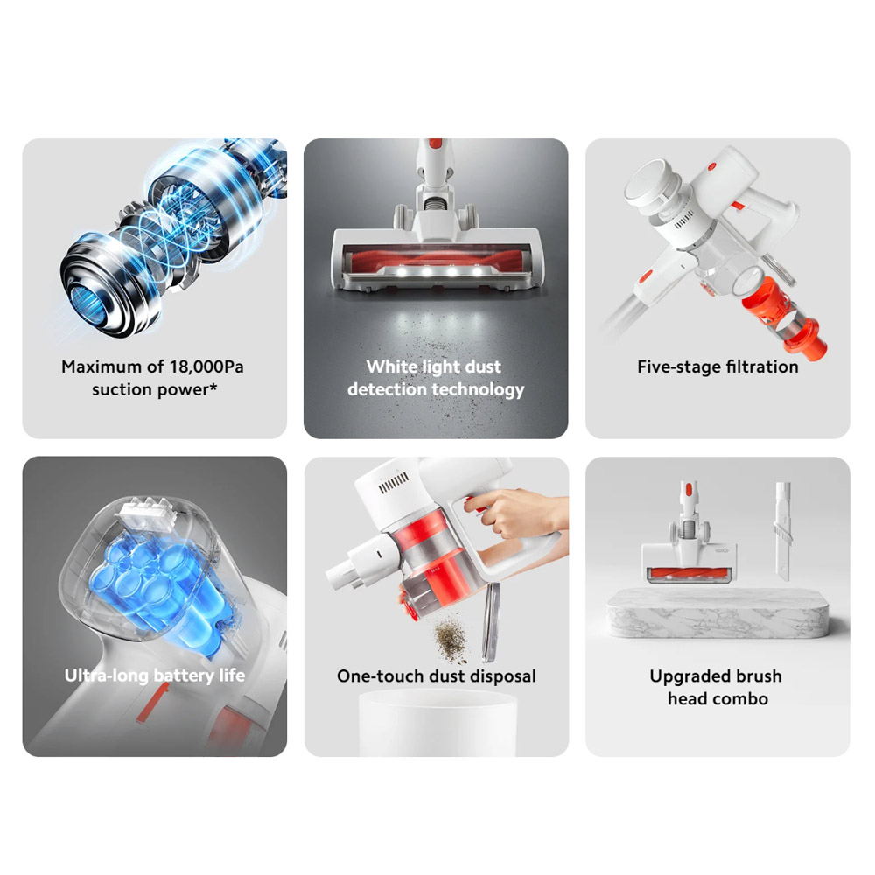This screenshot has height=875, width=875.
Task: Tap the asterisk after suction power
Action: pos(213,386)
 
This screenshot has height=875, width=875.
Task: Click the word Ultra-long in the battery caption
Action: pos(107,675)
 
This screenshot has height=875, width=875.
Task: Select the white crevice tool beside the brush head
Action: pos(782,531)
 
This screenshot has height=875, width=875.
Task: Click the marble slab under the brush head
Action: pos(718,614)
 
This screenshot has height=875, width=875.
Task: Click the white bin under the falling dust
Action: pos(437,723)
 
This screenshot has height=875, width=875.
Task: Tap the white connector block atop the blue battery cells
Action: pos(146,512)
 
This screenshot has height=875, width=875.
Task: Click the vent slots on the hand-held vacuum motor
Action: pos(394,483)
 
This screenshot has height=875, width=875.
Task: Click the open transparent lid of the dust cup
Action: pos(491,621)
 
